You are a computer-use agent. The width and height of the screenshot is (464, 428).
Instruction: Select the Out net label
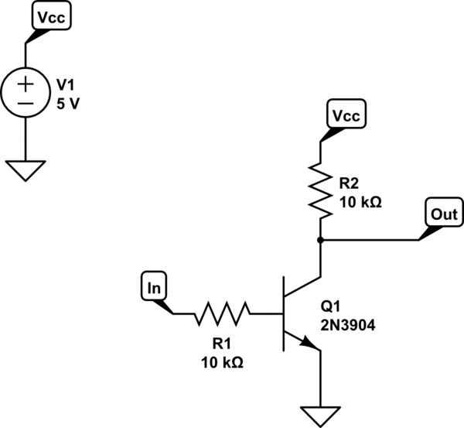tap(444, 214)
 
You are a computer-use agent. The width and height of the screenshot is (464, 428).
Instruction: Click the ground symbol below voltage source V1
tap(26, 169)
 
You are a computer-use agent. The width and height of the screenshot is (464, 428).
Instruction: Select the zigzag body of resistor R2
tap(319, 187)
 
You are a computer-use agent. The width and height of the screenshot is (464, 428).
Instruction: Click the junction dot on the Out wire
tap(319, 240)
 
